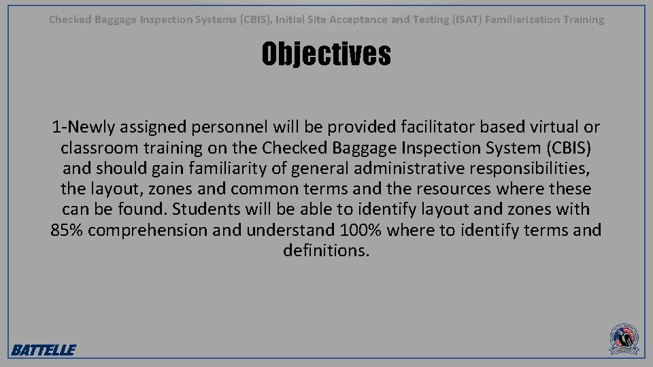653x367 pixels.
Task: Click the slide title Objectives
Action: tap(326, 54)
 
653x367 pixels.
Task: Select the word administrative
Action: tap(404, 168)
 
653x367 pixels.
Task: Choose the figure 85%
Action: tap(67, 230)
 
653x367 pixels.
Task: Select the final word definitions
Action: tap(326, 250)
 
